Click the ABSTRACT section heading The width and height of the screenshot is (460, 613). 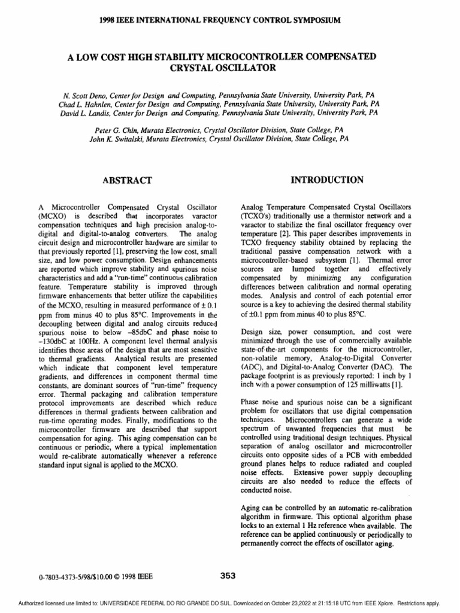point(128,180)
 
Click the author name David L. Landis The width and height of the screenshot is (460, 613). point(89,111)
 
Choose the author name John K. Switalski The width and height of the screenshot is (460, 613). point(123,137)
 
